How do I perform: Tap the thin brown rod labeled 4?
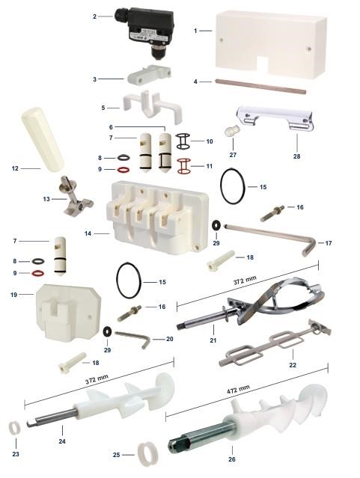coord(260,86)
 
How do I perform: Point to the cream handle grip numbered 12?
coord(42,138)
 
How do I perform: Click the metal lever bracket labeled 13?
coord(75,195)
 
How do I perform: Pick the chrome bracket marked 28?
coord(275,118)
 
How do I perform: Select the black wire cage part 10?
coord(183,141)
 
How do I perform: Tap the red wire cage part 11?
coord(183,166)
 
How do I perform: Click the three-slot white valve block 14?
coord(157,217)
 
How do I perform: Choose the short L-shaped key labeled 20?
coord(133,338)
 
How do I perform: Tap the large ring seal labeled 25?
coord(147,455)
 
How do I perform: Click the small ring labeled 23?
coord(15,427)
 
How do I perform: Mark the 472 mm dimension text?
coord(238,390)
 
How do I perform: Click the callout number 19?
coord(14,295)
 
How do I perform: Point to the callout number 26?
coord(232,459)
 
